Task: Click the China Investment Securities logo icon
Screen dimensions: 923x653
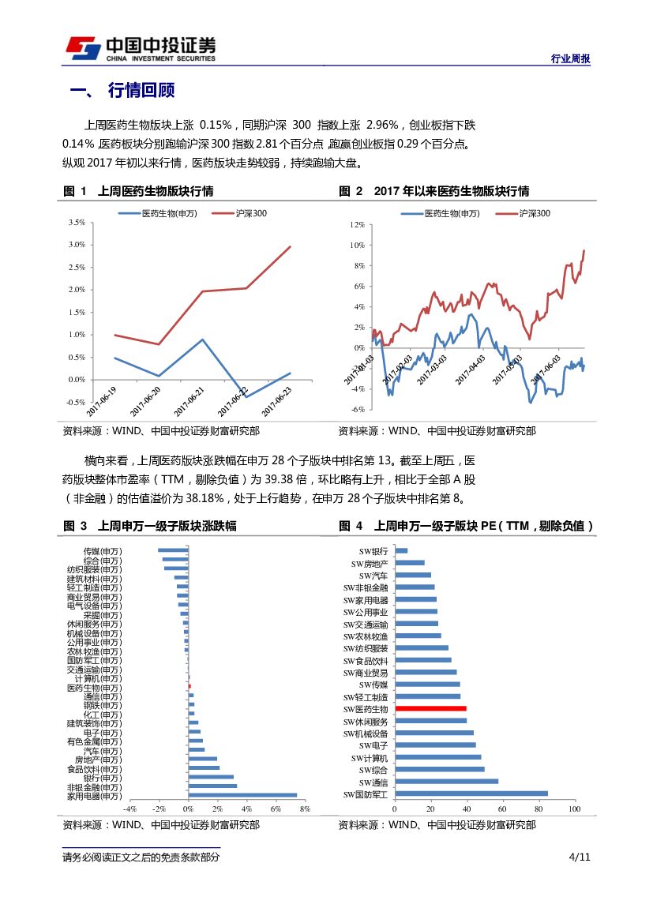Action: click(82, 48)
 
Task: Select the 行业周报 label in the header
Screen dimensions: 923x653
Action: click(570, 59)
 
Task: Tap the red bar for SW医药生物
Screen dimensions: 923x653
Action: click(430, 709)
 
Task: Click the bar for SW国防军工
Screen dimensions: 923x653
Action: click(471, 794)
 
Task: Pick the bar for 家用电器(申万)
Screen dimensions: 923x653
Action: click(242, 795)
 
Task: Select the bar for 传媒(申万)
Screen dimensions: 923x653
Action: click(173, 550)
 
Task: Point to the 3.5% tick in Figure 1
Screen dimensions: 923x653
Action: click(77, 223)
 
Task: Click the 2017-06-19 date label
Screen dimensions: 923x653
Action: click(101, 402)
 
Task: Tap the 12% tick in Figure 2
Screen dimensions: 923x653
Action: click(356, 225)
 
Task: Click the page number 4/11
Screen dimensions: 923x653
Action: click(579, 857)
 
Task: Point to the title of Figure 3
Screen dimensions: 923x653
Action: click(167, 526)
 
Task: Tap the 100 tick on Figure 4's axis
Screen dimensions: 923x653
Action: click(573, 809)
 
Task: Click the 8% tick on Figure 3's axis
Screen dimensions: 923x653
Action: click(305, 809)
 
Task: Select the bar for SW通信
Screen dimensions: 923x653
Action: click(446, 782)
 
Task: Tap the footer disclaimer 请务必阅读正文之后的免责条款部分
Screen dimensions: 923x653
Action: click(141, 857)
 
